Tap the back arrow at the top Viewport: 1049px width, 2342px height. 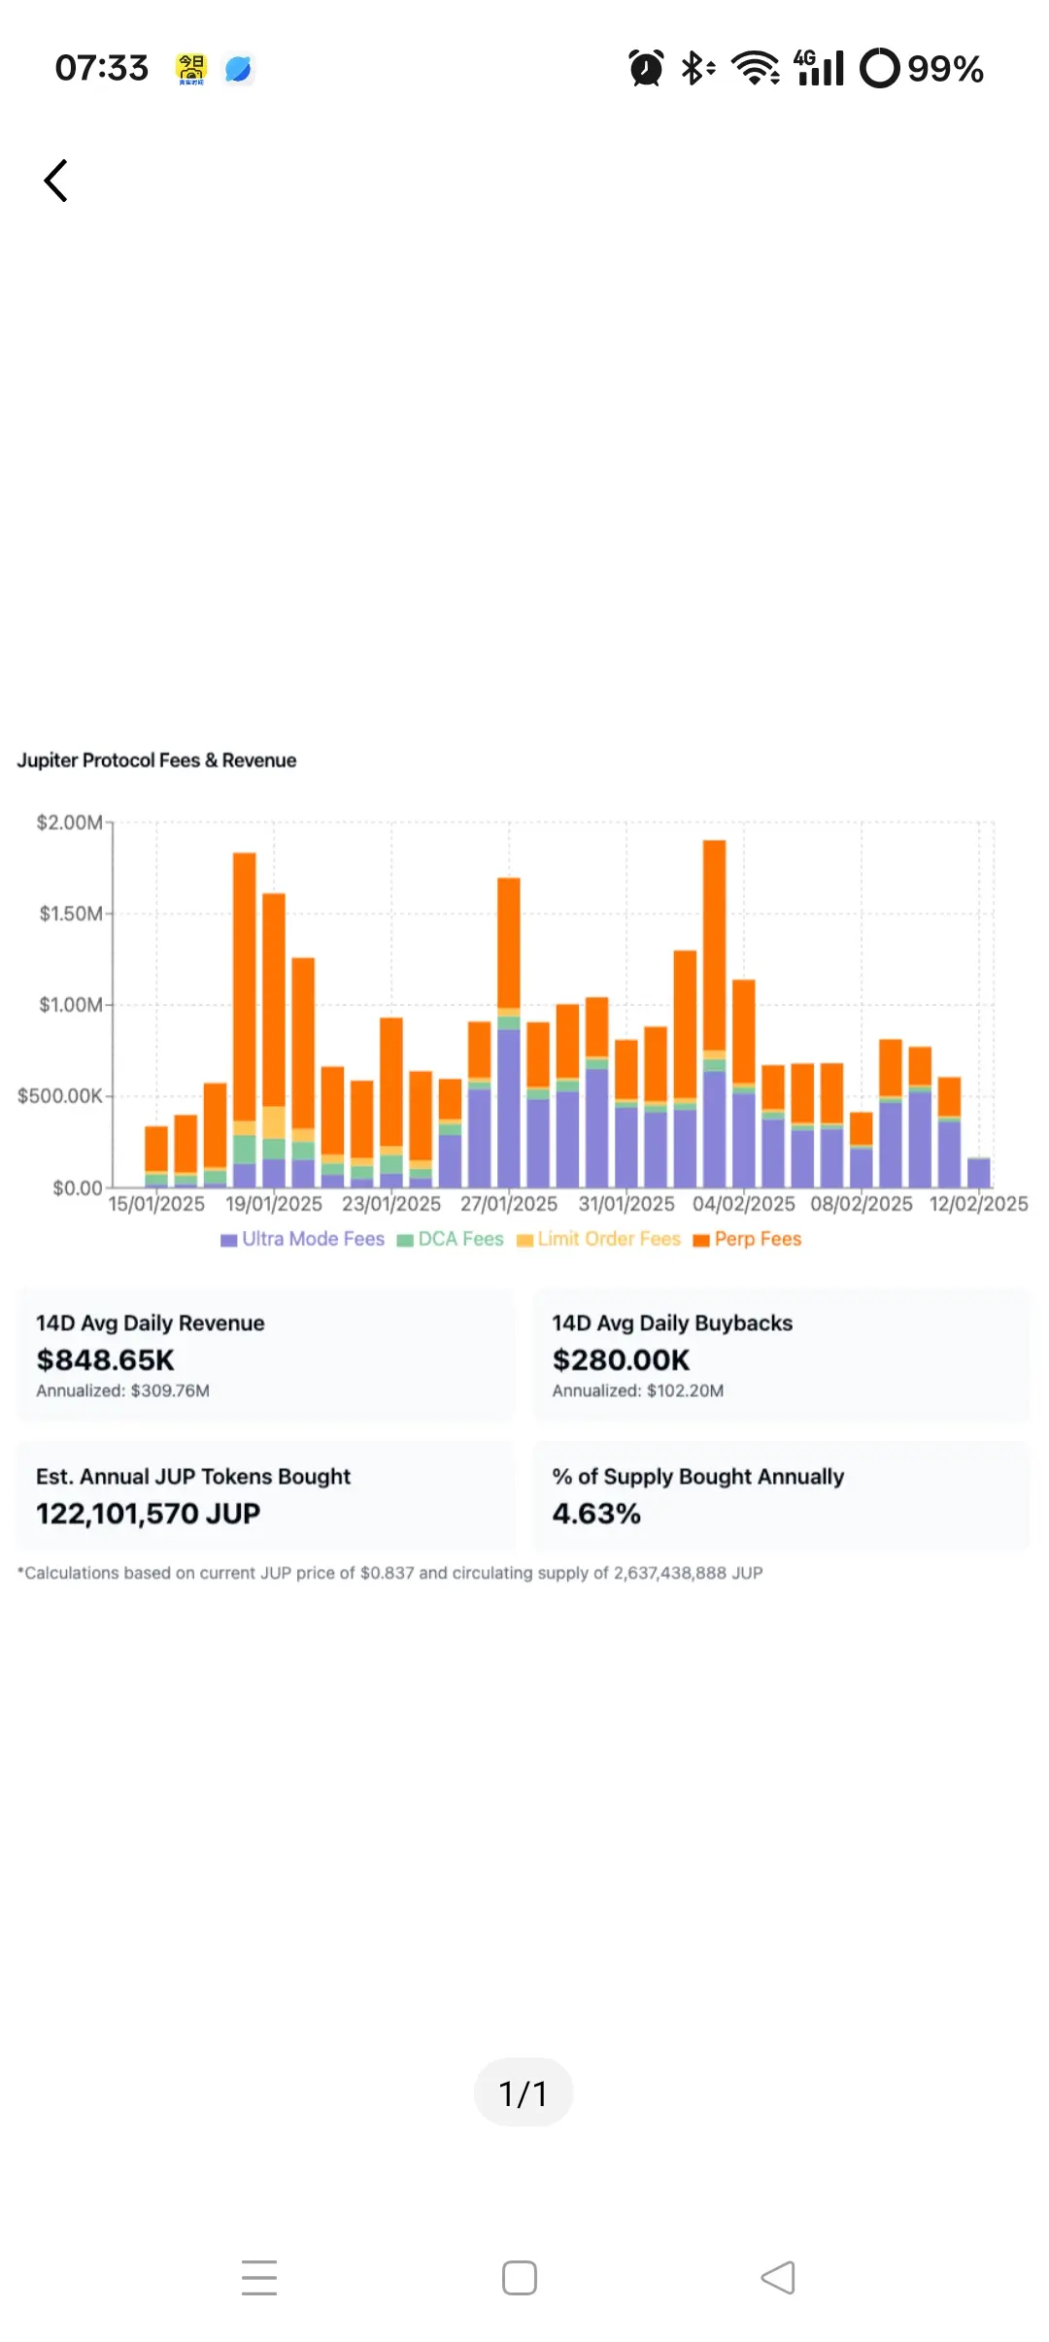[x=56, y=181]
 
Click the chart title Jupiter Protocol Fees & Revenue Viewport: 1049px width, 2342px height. [x=156, y=760]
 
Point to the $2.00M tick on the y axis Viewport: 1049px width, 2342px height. [x=70, y=822]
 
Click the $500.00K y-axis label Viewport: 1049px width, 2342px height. [x=60, y=1096]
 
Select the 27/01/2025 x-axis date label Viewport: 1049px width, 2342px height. [x=509, y=1204]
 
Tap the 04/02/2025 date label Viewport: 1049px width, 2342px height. [x=743, y=1204]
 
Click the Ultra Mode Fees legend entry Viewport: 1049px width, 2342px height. [x=303, y=1239]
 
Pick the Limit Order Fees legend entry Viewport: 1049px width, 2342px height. [x=599, y=1239]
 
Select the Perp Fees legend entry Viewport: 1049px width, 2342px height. [x=748, y=1239]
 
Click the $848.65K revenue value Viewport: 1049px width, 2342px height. [x=105, y=1359]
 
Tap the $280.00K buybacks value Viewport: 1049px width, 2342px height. [x=621, y=1359]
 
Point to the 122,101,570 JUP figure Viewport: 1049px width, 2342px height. [x=148, y=1513]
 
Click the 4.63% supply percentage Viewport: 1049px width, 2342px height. [x=596, y=1513]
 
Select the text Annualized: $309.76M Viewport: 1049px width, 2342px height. [x=122, y=1390]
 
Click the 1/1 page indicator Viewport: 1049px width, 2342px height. [x=524, y=2092]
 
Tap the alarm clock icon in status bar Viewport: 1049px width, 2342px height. [x=646, y=68]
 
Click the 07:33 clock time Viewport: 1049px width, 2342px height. [x=102, y=68]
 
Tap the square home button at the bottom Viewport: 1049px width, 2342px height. [x=520, y=2277]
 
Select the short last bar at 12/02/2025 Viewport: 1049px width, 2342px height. [x=979, y=1173]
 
